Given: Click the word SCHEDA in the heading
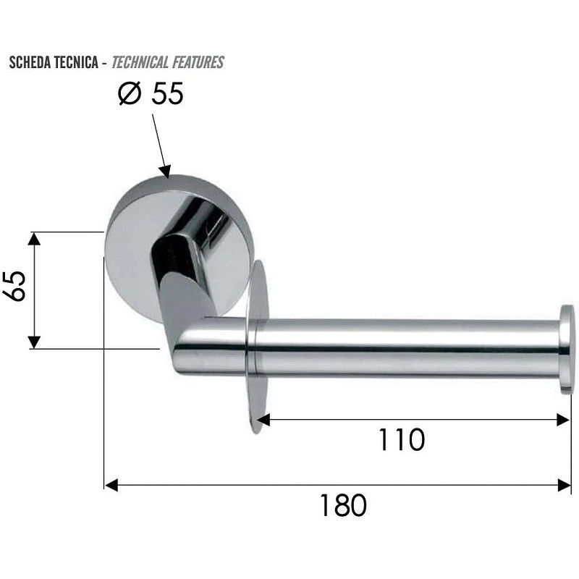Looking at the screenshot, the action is [x=30, y=62].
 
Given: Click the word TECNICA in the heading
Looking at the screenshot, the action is [x=76, y=62].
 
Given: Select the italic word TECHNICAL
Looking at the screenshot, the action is [x=140, y=62].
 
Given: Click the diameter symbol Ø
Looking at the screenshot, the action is [x=130, y=93].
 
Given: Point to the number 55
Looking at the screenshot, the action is [x=168, y=93].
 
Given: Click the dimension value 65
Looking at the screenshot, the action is [x=14, y=286].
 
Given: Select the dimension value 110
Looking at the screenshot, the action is [x=402, y=439].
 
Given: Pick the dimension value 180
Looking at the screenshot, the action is [x=343, y=505].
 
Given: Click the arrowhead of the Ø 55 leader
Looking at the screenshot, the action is [x=165, y=172].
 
